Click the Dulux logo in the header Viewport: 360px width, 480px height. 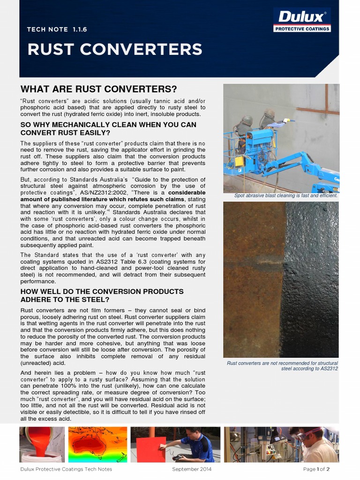pos(302,20)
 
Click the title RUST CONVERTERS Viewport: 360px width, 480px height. pos(115,49)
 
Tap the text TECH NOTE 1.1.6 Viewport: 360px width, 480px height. pos(57,29)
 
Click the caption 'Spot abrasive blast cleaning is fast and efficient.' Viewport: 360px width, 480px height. pos(286,195)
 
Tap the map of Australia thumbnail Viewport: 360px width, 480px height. pos(97,444)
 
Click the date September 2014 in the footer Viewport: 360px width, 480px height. pos(192,469)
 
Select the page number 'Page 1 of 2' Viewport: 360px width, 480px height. pos(316,469)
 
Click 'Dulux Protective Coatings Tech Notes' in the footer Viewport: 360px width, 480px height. pos(66,469)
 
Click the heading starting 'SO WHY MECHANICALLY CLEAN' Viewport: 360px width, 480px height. pos(108,128)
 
